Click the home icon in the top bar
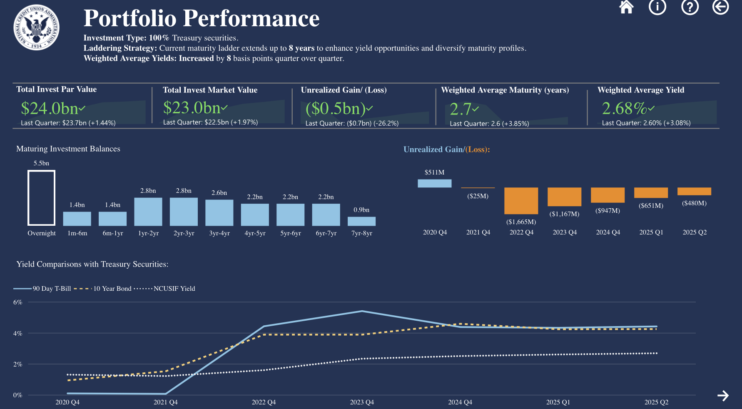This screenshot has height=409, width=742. (x=626, y=7)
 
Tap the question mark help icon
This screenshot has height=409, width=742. (x=690, y=7)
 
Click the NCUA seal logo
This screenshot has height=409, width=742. (x=36, y=27)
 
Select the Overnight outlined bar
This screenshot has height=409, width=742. (x=41, y=197)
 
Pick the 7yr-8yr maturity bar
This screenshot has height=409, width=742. (x=361, y=221)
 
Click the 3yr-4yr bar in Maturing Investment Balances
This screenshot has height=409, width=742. (x=219, y=212)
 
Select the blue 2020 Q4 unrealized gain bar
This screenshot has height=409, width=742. (x=434, y=183)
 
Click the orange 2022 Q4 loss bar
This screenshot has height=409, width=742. (x=521, y=201)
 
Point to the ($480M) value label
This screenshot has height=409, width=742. (x=694, y=203)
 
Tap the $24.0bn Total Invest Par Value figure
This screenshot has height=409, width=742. (x=50, y=108)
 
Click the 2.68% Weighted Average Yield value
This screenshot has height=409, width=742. (x=624, y=108)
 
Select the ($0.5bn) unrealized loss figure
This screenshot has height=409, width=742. (x=336, y=108)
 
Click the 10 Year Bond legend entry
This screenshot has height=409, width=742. (x=112, y=289)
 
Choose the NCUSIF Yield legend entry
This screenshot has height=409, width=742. (x=174, y=289)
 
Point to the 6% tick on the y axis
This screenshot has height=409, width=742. (x=17, y=302)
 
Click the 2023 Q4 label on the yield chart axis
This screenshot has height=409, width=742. (x=362, y=402)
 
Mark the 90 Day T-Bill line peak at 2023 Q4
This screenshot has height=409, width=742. (x=362, y=311)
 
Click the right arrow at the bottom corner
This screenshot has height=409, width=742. (x=723, y=396)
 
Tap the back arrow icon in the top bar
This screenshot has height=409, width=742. (x=720, y=7)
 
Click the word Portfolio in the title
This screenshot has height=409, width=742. (x=130, y=18)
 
